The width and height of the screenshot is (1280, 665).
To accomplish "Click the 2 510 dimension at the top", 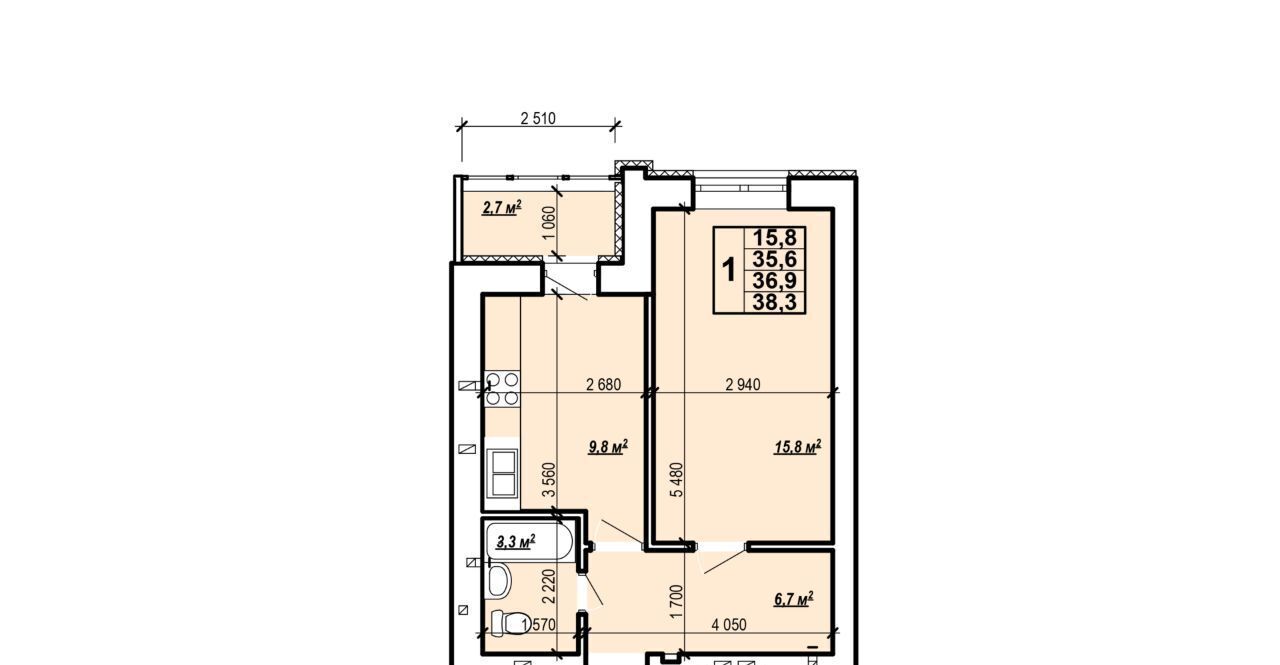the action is (x=538, y=119).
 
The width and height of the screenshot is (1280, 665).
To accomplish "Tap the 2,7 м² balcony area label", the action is (x=502, y=207).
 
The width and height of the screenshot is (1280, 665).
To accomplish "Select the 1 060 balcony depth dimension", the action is (x=548, y=223).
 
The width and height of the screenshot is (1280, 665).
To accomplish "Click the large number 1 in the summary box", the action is (x=729, y=270).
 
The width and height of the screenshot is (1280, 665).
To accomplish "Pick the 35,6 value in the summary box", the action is (x=774, y=259).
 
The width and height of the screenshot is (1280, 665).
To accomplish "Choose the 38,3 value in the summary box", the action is (x=774, y=302).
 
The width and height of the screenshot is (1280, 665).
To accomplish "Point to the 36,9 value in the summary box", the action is (x=774, y=281).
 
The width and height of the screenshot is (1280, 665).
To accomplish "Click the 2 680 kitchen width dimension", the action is (x=603, y=384).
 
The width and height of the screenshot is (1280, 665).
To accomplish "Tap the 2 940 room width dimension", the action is (x=743, y=384).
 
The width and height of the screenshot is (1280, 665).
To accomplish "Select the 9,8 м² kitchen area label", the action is (x=608, y=446).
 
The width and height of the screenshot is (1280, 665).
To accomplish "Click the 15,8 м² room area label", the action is (x=798, y=446).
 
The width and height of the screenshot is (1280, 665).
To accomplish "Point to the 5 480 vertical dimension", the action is (x=677, y=480).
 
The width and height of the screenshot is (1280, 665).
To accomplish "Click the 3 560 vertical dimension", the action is (x=549, y=480).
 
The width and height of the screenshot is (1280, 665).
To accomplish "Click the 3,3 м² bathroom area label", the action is (x=515, y=541).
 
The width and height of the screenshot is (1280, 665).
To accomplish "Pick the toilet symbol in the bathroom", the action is (x=506, y=623).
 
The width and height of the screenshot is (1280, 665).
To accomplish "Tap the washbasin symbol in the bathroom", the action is (x=499, y=582).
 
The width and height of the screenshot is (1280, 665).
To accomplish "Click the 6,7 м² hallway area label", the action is (x=794, y=599).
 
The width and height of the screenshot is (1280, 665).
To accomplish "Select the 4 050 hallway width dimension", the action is (x=729, y=625).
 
